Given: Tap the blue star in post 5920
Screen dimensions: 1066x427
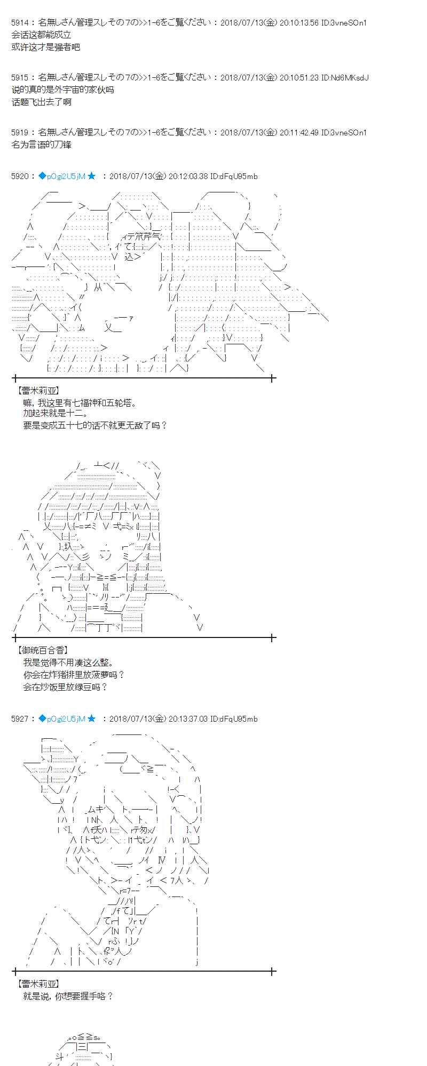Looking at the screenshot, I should click(x=92, y=176).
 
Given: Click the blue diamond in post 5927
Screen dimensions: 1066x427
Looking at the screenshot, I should click(x=42, y=719).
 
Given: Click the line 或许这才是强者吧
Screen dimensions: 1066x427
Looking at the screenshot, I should click(x=45, y=47).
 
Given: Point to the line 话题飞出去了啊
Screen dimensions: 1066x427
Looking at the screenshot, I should click(x=41, y=102).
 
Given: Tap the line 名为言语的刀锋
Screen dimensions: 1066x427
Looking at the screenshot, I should click(x=41, y=144).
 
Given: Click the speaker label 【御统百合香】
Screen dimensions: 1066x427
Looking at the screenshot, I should click(x=43, y=650).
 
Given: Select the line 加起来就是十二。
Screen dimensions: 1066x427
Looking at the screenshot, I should click(x=56, y=413).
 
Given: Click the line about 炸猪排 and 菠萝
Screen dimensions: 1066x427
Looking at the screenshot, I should click(x=74, y=675).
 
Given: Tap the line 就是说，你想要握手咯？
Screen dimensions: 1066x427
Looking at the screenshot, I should click(x=68, y=996).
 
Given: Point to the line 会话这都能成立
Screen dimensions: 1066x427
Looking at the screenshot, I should click(x=41, y=35).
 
